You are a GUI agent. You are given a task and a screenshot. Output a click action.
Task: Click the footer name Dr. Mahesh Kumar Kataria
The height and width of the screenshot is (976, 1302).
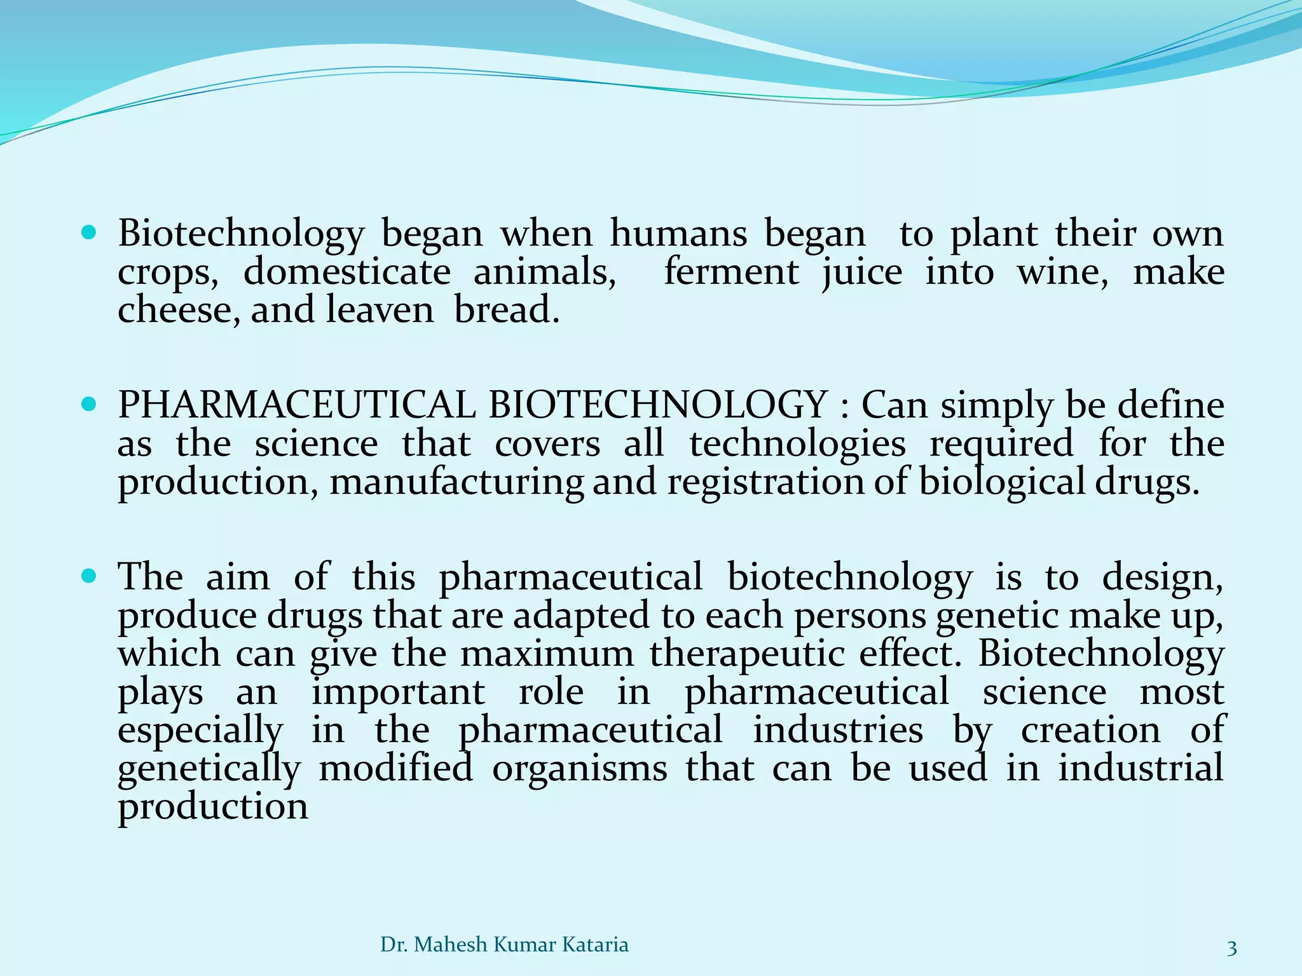(504, 945)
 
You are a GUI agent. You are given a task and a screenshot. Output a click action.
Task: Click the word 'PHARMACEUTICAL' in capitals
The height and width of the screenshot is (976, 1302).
(296, 405)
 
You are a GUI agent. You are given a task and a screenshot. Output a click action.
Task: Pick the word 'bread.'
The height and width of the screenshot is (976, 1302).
(507, 310)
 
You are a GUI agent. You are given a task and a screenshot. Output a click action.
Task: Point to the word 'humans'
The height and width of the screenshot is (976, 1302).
(678, 234)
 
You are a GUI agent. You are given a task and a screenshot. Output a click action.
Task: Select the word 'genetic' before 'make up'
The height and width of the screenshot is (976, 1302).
(997, 616)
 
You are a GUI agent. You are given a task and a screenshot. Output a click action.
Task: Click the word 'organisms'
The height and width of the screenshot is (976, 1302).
(580, 769)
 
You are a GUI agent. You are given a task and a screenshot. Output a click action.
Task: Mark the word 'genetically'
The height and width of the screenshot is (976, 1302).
(209, 769)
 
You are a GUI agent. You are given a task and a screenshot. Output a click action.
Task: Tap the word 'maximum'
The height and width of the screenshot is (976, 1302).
(547, 654)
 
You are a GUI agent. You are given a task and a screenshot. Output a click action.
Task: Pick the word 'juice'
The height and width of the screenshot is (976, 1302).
(862, 273)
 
